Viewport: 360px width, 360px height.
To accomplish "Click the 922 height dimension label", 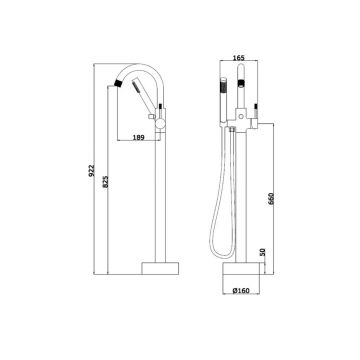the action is pyautogui.click(x=92, y=170).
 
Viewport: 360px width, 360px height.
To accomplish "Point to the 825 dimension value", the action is pyautogui.click(x=105, y=182).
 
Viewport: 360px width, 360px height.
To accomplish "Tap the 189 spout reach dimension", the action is pyautogui.click(x=138, y=137).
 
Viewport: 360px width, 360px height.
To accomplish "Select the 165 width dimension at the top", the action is pyautogui.click(x=238, y=58).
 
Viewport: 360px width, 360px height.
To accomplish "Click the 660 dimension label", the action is pyautogui.click(x=271, y=199).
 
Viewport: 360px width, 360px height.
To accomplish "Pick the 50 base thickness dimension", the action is pyautogui.click(x=262, y=252).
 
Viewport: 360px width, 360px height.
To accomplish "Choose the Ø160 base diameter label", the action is pyautogui.click(x=241, y=291).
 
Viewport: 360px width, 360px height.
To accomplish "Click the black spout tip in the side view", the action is pyautogui.click(x=118, y=82).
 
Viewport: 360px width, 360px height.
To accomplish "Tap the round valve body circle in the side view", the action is pyautogui.click(x=160, y=124).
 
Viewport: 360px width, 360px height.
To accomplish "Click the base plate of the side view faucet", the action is pyautogui.click(x=160, y=268).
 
